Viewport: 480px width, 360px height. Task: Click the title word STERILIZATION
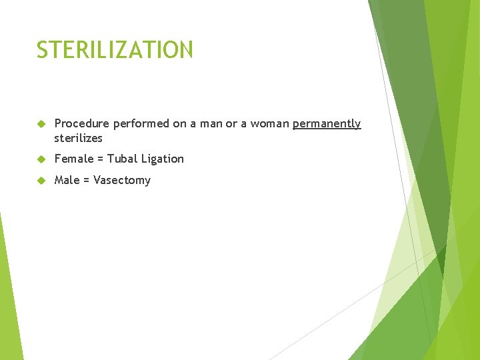[x=115, y=50]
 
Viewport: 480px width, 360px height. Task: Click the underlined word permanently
[x=327, y=124]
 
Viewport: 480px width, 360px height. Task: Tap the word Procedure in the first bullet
[x=82, y=124]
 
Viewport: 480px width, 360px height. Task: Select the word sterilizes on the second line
[x=78, y=138]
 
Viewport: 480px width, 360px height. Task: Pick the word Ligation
[x=163, y=159]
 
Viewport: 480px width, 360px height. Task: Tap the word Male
[x=67, y=180]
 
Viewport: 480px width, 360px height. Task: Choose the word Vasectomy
[x=122, y=180]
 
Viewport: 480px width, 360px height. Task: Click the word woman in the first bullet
[x=269, y=124]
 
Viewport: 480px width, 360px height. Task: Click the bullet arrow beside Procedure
[x=41, y=124]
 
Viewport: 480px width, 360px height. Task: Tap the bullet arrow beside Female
[x=41, y=159]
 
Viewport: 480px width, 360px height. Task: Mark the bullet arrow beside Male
[x=41, y=180]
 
